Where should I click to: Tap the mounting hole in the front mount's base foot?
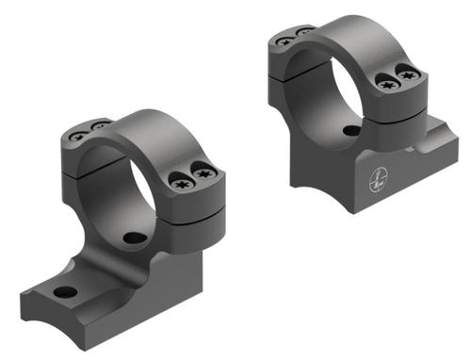(66, 292)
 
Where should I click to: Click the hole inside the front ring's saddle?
(135, 237)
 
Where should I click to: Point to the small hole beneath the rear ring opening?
(351, 130)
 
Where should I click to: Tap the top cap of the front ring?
(141, 127)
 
